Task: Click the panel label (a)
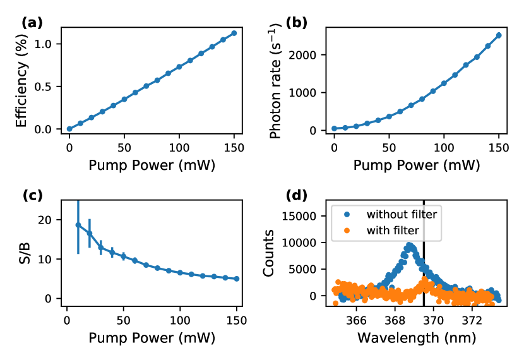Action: point(32,23)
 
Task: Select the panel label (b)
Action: point(297,23)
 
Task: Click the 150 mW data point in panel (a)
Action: point(234,33)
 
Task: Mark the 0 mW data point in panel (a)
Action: point(69,129)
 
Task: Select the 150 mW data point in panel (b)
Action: point(499,35)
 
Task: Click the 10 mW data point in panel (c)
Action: point(78,225)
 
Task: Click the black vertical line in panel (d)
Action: point(423,265)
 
